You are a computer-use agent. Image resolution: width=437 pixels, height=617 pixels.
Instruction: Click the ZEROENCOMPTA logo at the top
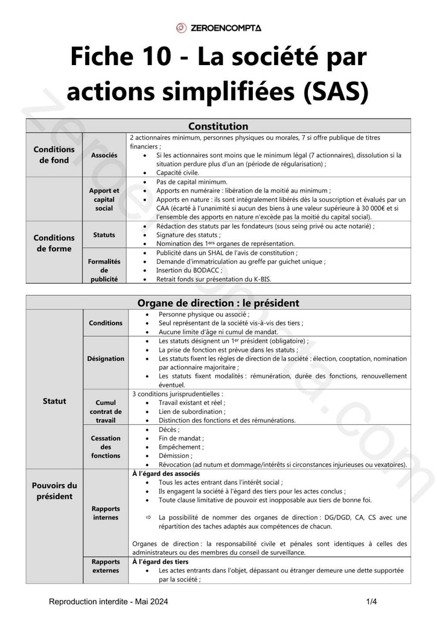(x=218, y=28)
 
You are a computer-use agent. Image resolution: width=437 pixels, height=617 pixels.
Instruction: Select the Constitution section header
(x=218, y=126)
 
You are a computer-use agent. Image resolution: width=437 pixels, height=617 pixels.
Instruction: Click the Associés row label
(x=104, y=155)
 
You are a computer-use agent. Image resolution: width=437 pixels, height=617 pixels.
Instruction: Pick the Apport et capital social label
(x=104, y=199)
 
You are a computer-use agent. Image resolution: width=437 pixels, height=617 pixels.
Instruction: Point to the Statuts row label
(x=104, y=234)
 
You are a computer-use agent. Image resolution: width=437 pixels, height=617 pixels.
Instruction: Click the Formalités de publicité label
(x=104, y=270)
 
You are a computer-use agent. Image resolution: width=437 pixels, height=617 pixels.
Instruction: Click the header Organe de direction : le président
(x=218, y=303)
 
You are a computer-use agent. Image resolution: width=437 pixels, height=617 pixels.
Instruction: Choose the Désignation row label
(x=105, y=359)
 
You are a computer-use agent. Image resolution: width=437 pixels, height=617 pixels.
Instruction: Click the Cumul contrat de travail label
(x=105, y=411)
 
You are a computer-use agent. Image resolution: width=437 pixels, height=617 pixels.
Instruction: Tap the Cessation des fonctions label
(x=105, y=447)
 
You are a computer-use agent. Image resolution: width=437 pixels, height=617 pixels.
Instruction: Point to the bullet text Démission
(x=174, y=456)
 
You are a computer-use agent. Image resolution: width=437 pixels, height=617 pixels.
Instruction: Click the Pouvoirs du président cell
(x=54, y=491)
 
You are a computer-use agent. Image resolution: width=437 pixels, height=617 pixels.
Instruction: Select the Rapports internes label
(x=105, y=513)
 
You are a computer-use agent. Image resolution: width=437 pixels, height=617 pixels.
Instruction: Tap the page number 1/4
(x=371, y=602)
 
